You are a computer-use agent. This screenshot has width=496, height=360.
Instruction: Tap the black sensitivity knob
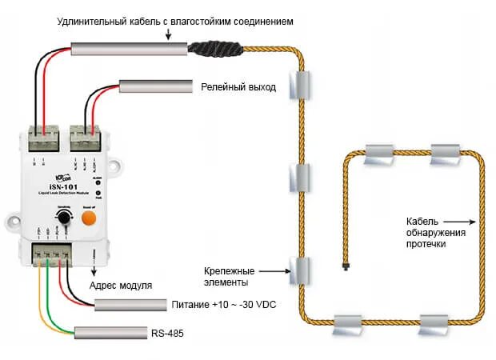click(x=64, y=218)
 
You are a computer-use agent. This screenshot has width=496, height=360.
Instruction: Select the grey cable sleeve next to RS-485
click(x=108, y=332)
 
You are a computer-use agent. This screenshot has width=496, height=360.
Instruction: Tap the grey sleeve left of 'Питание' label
click(x=129, y=305)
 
